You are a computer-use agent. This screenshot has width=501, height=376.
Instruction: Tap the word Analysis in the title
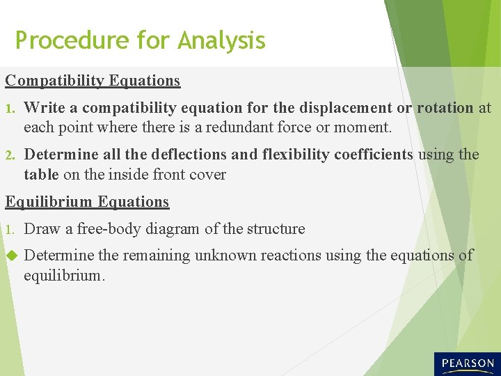click(x=221, y=40)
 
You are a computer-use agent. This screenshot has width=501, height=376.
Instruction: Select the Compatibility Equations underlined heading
click(x=93, y=81)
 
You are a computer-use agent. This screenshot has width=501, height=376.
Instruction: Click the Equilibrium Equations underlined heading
click(x=87, y=202)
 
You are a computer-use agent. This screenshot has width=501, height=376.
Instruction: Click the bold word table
click(x=41, y=174)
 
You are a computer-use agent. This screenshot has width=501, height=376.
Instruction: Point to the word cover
click(x=207, y=174)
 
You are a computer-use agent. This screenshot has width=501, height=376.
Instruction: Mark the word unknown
click(x=220, y=256)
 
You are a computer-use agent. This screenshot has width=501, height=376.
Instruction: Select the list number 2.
click(x=9, y=155)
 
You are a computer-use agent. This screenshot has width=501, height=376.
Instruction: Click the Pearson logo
click(x=466, y=363)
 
